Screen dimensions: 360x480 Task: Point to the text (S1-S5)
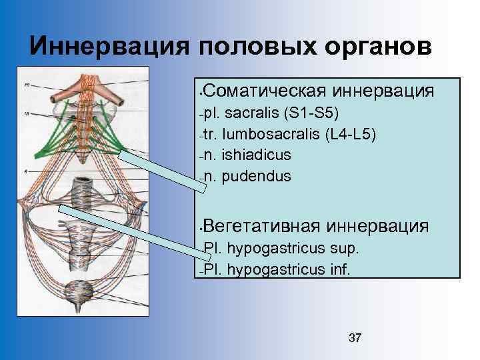pyautogui.click(x=312, y=111)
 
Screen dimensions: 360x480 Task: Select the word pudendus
pyautogui.click(x=257, y=177)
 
